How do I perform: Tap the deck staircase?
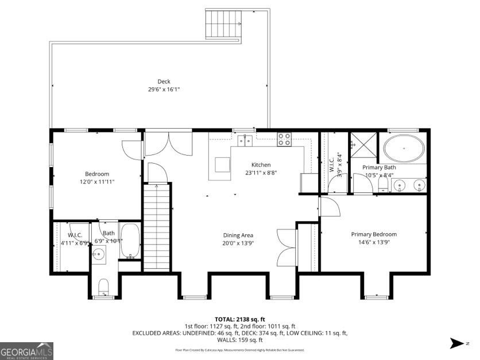pyautogui.click(x=222, y=24)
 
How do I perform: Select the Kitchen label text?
pyautogui.click(x=260, y=165)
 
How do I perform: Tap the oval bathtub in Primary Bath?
pyautogui.click(x=404, y=148)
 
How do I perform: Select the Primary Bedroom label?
pyautogui.click(x=374, y=234)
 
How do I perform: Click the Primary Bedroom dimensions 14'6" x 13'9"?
pyautogui.click(x=374, y=243)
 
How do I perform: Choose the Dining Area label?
pyautogui.click(x=238, y=235)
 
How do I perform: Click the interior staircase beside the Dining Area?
pyautogui.click(x=156, y=227)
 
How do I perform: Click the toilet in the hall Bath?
pyautogui.click(x=104, y=286)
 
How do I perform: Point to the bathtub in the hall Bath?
pyautogui.click(x=130, y=241)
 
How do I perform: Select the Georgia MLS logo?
pyautogui.click(x=27, y=350)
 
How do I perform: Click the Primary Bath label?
pyautogui.click(x=379, y=167)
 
